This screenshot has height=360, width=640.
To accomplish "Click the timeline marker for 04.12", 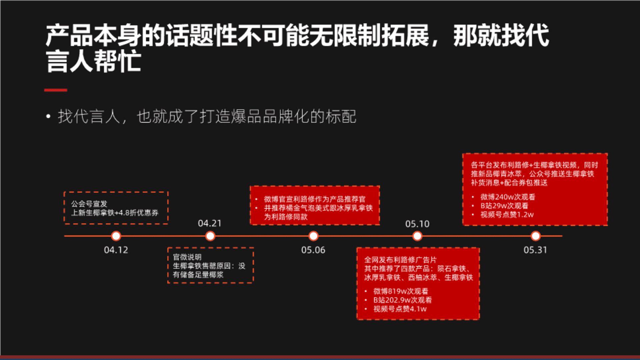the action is pyautogui.click(x=116, y=236).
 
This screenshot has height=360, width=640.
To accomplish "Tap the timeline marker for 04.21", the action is pyautogui.click(x=210, y=236).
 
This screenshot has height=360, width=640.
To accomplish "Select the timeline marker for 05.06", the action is pyautogui.click(x=313, y=236).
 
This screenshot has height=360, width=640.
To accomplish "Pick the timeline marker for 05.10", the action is pyautogui.click(x=417, y=236).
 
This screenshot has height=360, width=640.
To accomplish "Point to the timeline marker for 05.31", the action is pyautogui.click(x=535, y=236).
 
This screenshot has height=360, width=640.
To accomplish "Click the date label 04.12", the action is pyautogui.click(x=116, y=250).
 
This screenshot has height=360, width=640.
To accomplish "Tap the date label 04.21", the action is pyautogui.click(x=210, y=223).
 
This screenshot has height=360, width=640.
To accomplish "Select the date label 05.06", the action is pyautogui.click(x=313, y=250).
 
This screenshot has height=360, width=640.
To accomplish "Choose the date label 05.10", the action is pyautogui.click(x=417, y=224).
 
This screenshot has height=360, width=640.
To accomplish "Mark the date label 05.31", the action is pyautogui.click(x=535, y=250).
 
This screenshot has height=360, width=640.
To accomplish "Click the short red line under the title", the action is pyautogui.click(x=56, y=90).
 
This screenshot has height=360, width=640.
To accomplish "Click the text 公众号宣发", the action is pyautogui.click(x=89, y=204).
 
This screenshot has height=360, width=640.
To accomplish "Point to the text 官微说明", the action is pyautogui.click(x=187, y=257).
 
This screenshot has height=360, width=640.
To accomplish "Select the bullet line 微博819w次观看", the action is pyautogui.click(x=400, y=291).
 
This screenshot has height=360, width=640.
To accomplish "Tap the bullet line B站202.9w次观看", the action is pyautogui.click(x=402, y=300).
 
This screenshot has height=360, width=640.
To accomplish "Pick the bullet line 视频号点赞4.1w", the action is pyautogui.click(x=400, y=309).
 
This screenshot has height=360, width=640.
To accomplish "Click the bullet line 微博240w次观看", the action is pyautogui.click(x=507, y=197).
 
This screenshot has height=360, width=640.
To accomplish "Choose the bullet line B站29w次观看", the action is pyautogui.click(x=504, y=206).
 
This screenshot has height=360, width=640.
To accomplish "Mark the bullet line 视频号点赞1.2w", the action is pyautogui.click(x=507, y=215).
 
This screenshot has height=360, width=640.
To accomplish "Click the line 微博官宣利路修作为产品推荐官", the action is pyautogui.click(x=315, y=199).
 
